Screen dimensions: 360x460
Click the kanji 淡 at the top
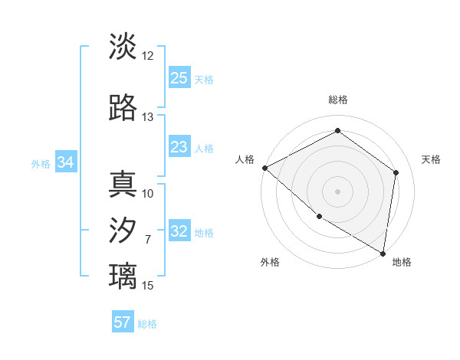(x=123, y=47)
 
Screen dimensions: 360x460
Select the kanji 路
(x=123, y=108)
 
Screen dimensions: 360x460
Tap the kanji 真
(x=123, y=185)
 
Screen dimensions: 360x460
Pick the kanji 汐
(x=123, y=231)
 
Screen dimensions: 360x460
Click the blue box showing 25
(x=179, y=78)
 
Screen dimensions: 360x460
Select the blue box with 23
(x=179, y=148)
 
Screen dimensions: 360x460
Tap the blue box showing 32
(x=179, y=232)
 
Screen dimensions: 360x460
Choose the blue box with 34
(x=66, y=162)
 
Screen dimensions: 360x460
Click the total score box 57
(x=123, y=322)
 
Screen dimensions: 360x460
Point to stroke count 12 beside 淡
(x=148, y=56)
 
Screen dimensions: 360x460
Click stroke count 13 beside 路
(x=148, y=117)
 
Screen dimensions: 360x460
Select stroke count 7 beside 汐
(x=148, y=240)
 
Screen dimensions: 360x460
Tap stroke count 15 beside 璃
(x=148, y=286)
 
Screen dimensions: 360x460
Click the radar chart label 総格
(x=338, y=100)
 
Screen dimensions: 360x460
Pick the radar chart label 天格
(x=431, y=159)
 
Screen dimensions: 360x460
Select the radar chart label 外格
(x=270, y=262)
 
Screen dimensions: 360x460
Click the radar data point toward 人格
(x=264, y=168)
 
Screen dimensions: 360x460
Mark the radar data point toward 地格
(x=383, y=253)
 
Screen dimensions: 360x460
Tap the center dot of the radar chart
(x=338, y=191)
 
